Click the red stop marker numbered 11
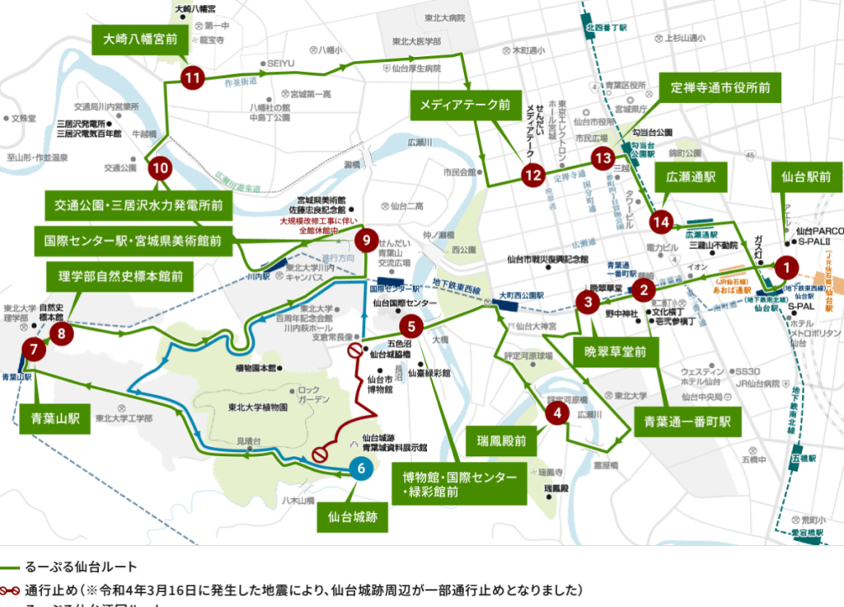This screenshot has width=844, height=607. coord(192,78)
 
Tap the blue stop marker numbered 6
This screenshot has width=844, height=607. coord(360,468)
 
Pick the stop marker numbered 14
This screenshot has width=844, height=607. coord(661,221)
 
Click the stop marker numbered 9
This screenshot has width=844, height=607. coord(366,241)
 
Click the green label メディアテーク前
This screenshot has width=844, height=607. coord(459,105)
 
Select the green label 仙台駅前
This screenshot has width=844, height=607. coord(807,176)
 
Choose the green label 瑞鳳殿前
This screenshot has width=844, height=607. coord(501,440)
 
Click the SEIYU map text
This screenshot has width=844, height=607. coord(280,64)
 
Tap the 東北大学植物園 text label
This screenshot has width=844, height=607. coord(257,407)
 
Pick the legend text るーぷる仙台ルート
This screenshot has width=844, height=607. coord(81,567)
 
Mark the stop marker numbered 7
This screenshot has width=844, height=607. coord(34,349)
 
